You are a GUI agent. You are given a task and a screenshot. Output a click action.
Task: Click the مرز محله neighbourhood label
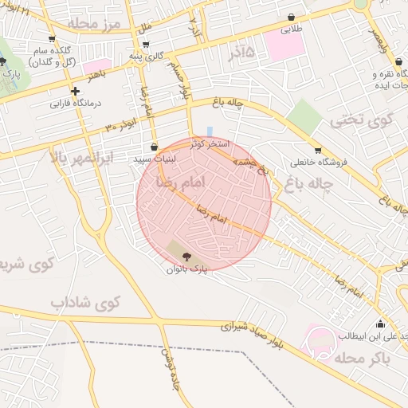[94, 23]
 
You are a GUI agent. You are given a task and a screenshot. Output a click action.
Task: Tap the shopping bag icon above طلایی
[291, 17]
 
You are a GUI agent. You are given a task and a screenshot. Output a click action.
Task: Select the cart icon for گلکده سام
[52, 37]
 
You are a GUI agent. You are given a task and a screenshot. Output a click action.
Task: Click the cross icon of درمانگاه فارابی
[75, 91]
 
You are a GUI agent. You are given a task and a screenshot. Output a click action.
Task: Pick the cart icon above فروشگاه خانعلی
[318, 150]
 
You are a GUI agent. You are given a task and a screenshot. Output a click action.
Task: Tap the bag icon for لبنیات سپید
[154, 147]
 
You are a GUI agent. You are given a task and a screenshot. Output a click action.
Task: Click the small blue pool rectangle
[210, 131]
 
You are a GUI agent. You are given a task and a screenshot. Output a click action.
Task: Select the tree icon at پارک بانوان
[186, 256]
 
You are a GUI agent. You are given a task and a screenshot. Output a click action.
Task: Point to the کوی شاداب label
[84, 304]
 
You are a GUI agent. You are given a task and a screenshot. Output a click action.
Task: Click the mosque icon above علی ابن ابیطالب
[380, 324]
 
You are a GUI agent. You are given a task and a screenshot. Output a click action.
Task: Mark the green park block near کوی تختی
[304, 117]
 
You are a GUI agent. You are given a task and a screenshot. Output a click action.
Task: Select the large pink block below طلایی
[284, 45]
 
